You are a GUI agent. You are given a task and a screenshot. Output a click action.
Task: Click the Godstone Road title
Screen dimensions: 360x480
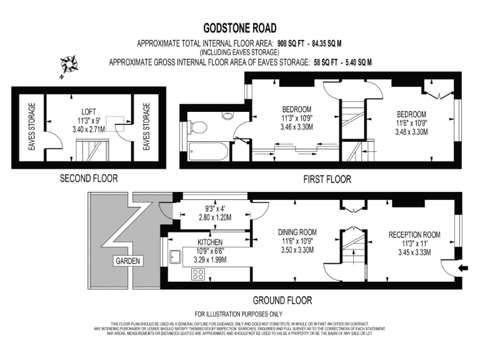239,28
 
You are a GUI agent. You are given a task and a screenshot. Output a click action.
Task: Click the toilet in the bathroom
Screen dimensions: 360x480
199,127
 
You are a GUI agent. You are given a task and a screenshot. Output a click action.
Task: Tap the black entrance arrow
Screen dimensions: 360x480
462,268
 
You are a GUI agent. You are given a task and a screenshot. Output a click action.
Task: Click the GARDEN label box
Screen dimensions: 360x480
128,260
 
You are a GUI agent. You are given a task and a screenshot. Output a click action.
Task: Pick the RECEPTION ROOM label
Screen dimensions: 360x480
414,235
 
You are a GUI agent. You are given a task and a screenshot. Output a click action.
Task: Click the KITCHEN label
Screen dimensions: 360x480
210,242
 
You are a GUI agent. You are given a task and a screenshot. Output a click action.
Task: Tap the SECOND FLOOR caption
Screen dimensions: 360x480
88,179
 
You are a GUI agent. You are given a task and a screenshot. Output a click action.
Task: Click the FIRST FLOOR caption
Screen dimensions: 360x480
327,179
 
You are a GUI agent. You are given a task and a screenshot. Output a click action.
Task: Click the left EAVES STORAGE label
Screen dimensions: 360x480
31,127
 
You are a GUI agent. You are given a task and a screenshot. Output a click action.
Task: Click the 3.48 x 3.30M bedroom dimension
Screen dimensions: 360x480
411,132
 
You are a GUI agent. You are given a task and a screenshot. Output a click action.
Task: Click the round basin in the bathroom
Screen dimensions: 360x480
227,116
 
